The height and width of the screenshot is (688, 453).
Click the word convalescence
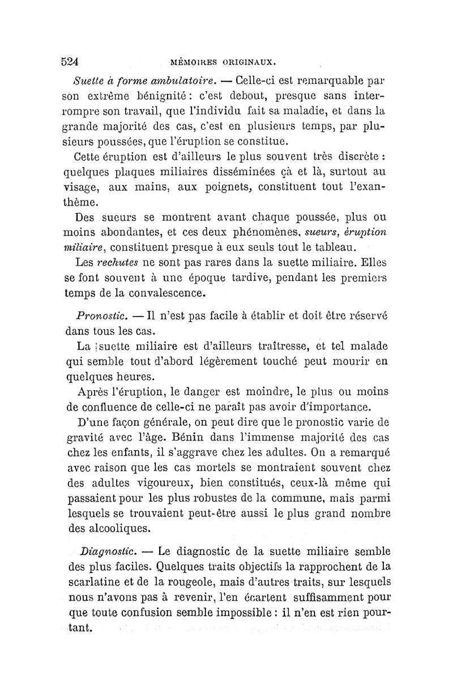[160, 294]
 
